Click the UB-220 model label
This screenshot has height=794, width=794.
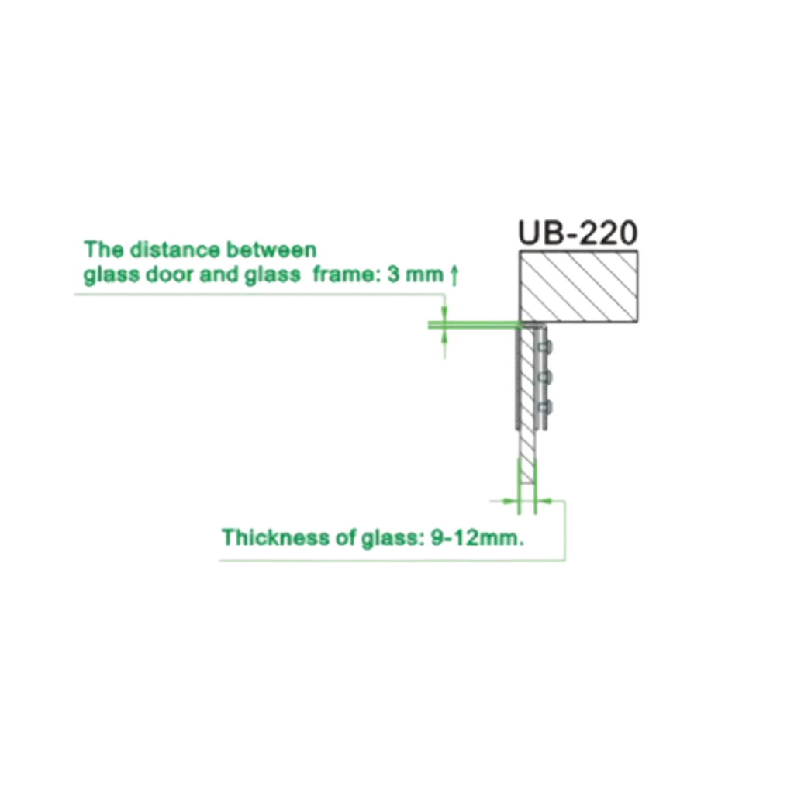pos(578,233)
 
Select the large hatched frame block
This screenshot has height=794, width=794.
pos(578,287)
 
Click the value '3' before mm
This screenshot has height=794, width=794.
pos(393,275)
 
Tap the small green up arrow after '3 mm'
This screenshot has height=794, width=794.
pos(454,275)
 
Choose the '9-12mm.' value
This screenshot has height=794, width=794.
pos(478,537)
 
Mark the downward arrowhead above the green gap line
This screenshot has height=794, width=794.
pos(444,315)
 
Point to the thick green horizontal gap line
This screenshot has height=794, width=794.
pos(475,325)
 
